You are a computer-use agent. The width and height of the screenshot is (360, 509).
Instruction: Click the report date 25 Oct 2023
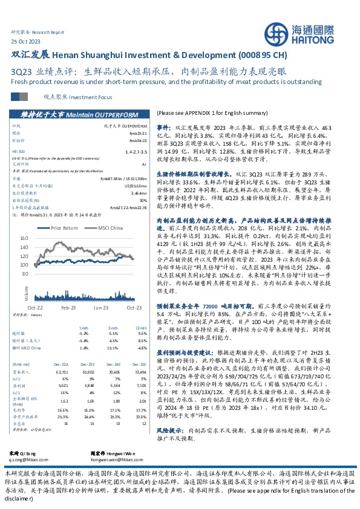click(x=26, y=40)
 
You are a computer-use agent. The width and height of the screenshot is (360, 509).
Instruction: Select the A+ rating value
click(x=143, y=164)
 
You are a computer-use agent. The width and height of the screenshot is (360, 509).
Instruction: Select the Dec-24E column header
click(x=116, y=365)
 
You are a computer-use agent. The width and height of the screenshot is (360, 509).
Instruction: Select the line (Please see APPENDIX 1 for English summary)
click(x=208, y=113)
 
